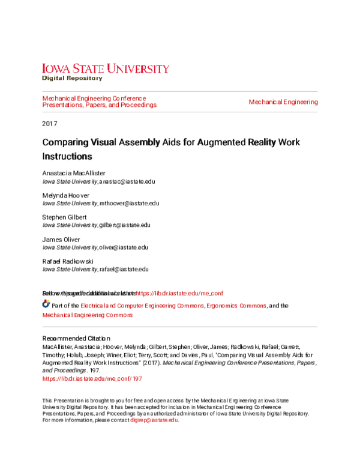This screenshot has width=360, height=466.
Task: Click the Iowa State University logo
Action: pyautogui.click(x=105, y=68)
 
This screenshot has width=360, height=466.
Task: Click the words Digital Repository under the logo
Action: pyautogui.click(x=71, y=79)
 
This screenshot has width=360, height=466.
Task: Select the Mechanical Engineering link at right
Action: pyautogui.click(x=283, y=102)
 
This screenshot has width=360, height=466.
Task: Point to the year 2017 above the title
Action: pyautogui.click(x=49, y=124)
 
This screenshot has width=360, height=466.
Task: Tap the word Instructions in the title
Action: pyautogui.click(x=67, y=157)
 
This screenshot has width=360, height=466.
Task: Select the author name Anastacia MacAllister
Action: pyautogui.click(x=74, y=173)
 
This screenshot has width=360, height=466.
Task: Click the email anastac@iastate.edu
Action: pyautogui.click(x=127, y=181)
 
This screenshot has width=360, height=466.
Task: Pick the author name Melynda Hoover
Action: pyautogui.click(x=65, y=195)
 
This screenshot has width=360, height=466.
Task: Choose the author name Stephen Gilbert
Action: pyautogui.click(x=64, y=217)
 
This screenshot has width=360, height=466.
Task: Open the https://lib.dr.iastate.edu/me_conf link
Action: pyautogui.click(x=180, y=293)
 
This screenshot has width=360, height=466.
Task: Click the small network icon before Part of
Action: pyautogui.click(x=46, y=305)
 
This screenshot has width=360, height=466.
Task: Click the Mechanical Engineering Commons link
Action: pyautogui.click(x=87, y=315)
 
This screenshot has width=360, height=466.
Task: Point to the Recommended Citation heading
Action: pyautogui.click(x=76, y=338)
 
